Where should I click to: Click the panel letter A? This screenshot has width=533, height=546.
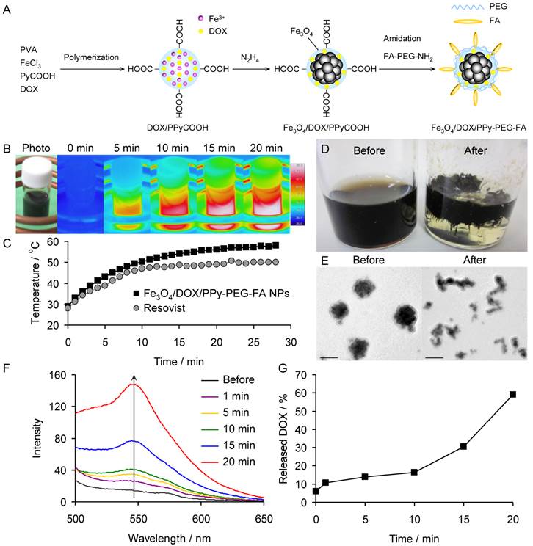8,9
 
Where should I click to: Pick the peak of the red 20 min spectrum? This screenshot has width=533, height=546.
134,383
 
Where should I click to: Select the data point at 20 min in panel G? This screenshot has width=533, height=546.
512,394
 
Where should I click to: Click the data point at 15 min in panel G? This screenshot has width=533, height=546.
463,446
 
